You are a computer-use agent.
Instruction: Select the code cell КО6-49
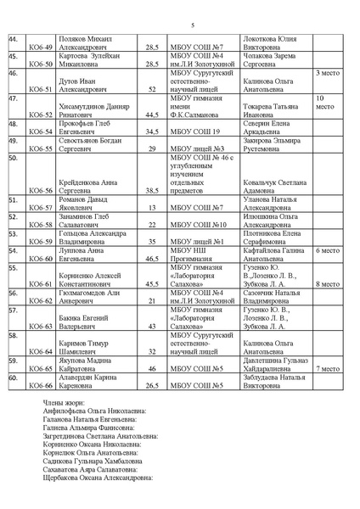pos(41,47)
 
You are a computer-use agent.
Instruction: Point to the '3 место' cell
pos(328,74)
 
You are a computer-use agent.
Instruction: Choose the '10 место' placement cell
pos(327,103)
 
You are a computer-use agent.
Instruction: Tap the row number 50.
pos(14,157)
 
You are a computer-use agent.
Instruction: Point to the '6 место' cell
pos(328,251)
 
